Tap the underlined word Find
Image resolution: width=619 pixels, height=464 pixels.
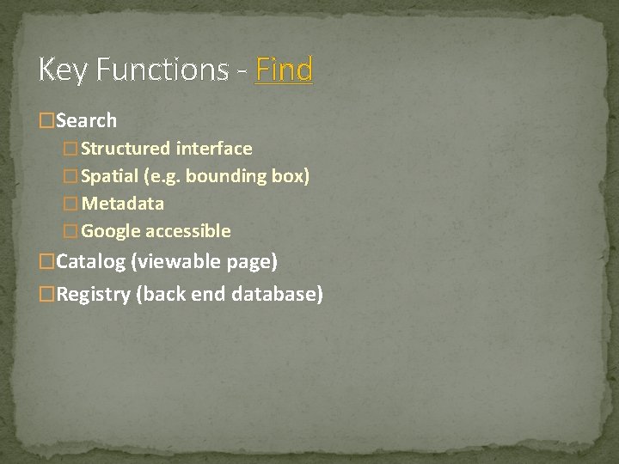tap(285, 69)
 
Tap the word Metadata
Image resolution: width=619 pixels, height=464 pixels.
tap(123, 204)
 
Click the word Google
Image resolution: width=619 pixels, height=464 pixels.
tap(112, 231)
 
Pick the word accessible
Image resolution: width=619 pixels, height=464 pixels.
tap(188, 231)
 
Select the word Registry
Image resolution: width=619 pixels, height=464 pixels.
tap(94, 294)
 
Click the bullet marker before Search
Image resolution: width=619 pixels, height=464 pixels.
tap(47, 121)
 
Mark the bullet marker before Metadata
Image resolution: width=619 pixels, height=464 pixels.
tap(72, 204)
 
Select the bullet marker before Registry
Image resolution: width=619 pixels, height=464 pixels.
tap(47, 294)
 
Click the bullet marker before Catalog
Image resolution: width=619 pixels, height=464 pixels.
tap(47, 261)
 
